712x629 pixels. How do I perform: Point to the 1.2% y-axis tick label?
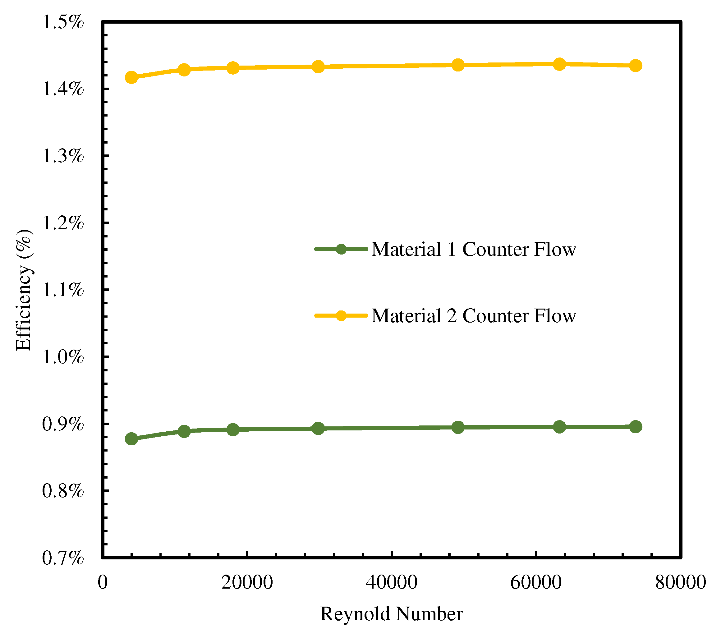(63, 223)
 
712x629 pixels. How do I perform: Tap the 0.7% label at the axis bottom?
(63, 558)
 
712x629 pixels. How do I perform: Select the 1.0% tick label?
(63, 357)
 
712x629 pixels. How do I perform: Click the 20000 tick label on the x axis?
(247, 582)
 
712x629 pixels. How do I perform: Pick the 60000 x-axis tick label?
(536, 582)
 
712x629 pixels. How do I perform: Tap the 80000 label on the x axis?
(680, 582)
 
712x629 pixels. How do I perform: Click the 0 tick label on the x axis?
(103, 582)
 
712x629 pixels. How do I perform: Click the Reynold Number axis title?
(392, 614)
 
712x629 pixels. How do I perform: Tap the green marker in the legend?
(341, 249)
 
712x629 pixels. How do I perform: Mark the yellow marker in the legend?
(341, 316)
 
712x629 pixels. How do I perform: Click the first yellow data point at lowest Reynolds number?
(131, 77)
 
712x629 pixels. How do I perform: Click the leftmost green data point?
(131, 439)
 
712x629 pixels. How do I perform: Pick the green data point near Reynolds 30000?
(318, 428)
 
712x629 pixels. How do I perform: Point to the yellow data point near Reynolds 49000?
(458, 65)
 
